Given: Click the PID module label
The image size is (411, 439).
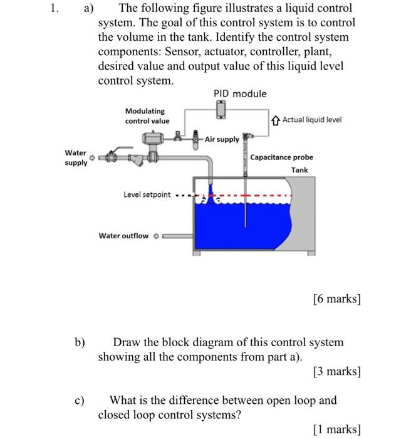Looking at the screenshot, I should (x=240, y=94).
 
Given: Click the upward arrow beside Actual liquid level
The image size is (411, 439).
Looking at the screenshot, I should (x=276, y=120).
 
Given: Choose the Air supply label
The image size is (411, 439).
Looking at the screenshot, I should (x=222, y=139).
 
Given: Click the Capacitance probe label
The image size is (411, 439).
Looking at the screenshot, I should (x=281, y=157).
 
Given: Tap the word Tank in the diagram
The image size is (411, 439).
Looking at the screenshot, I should (x=299, y=170).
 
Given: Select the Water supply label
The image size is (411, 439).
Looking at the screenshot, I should (x=76, y=158).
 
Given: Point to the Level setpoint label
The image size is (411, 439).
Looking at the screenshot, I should (x=147, y=195).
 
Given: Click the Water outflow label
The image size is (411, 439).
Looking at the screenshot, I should (x=123, y=236).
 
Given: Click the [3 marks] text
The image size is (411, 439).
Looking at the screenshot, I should (x=336, y=372).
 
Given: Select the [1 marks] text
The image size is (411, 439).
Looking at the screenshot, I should (x=336, y=430).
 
